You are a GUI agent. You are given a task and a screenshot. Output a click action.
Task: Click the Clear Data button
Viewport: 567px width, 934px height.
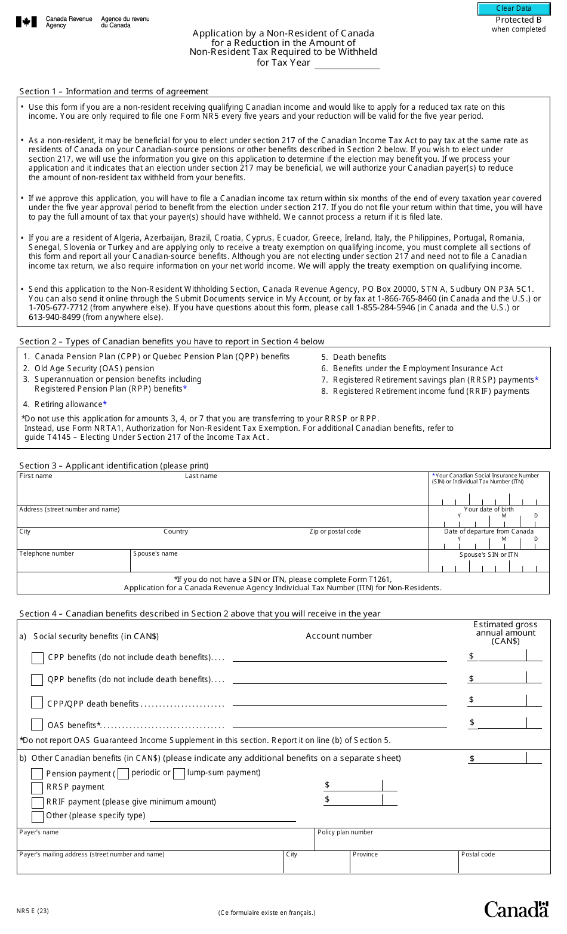513,8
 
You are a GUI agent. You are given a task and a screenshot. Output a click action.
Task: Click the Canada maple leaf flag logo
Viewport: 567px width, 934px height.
26,22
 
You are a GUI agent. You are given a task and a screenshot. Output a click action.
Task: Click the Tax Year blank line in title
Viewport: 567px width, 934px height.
347,63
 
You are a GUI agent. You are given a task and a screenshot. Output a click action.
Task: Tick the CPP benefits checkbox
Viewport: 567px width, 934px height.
37,658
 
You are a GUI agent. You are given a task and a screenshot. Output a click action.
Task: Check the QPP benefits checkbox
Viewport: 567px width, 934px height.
37,680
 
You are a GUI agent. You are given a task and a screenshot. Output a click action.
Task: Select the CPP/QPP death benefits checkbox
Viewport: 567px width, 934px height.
37,703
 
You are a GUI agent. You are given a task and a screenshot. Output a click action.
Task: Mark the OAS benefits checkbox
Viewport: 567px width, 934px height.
37,725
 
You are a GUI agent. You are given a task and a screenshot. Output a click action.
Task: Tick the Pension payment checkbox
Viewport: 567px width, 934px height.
37,773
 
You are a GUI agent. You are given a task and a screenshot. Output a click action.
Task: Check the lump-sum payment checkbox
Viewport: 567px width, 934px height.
179,773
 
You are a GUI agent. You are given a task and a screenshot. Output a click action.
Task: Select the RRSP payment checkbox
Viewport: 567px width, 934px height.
37,788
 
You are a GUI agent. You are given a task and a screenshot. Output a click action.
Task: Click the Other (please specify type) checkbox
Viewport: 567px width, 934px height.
37,816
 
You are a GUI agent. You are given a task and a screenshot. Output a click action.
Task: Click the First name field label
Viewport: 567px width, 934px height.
36,476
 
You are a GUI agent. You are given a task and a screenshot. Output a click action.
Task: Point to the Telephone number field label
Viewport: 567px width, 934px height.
47,554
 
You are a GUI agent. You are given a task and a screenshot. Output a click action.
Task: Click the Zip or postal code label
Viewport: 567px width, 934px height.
335,532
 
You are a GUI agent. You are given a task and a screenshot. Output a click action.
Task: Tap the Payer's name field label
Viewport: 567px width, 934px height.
39,833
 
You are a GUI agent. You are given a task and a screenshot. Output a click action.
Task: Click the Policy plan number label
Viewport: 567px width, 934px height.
345,833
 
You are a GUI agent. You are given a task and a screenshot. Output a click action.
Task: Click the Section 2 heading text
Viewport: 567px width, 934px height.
172,342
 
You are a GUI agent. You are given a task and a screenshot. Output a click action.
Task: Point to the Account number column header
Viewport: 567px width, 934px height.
338,636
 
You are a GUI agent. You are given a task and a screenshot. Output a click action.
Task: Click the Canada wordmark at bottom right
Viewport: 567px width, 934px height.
516,910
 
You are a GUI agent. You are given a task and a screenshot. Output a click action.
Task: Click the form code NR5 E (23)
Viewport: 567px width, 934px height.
33,911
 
